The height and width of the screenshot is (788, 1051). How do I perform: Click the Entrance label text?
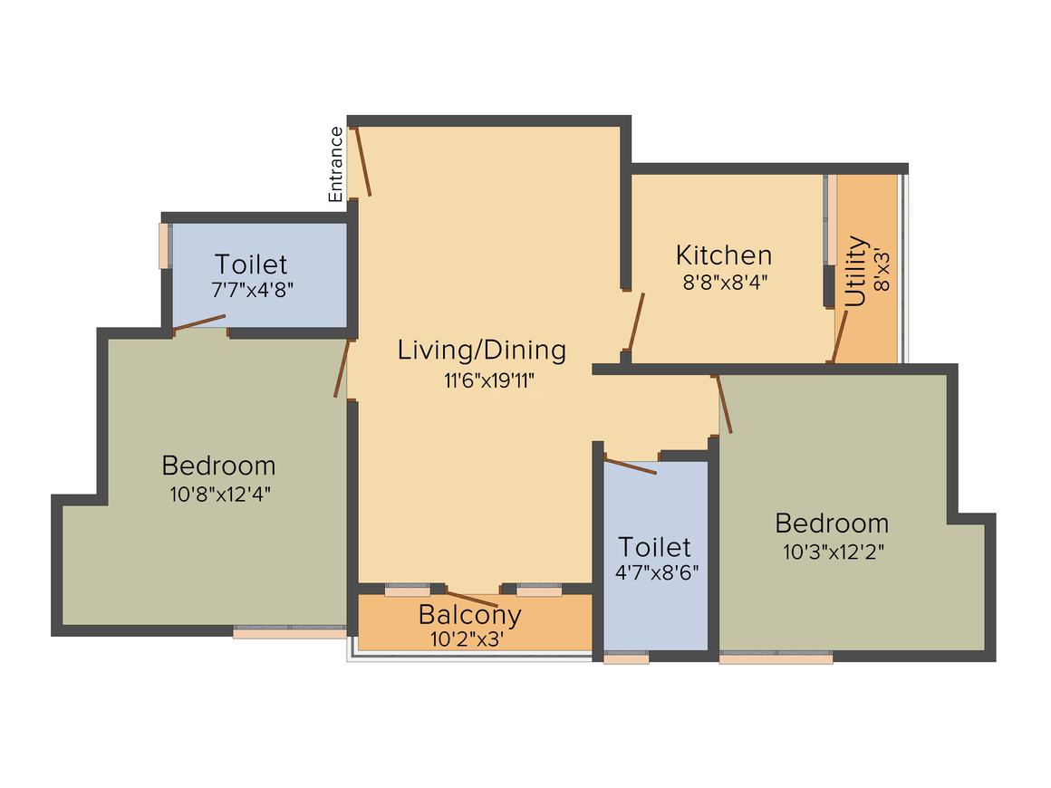[x=336, y=164]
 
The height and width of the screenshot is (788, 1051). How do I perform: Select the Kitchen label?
[x=724, y=255]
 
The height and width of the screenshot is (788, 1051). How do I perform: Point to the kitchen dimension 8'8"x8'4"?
[x=725, y=281]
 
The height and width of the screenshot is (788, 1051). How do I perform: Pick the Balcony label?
[x=469, y=615]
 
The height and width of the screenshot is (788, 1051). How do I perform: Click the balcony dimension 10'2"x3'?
[x=468, y=638]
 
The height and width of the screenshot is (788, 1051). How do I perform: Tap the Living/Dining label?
[x=481, y=350]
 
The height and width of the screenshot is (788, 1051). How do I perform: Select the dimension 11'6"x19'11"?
[x=481, y=380]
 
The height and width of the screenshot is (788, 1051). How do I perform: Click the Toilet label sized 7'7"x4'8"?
[x=251, y=264]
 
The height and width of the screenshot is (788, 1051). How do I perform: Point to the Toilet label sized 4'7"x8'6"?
[x=655, y=547]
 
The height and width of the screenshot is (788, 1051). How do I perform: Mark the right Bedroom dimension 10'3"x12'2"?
[x=833, y=552]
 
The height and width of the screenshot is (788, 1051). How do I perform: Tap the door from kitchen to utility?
[x=840, y=336]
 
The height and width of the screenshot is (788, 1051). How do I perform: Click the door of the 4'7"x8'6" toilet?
[x=632, y=466]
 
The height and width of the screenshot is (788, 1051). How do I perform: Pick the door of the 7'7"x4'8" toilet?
[x=199, y=322]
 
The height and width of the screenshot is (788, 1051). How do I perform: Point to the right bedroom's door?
[x=724, y=404]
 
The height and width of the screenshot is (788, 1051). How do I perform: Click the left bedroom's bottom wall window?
[x=290, y=632]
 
